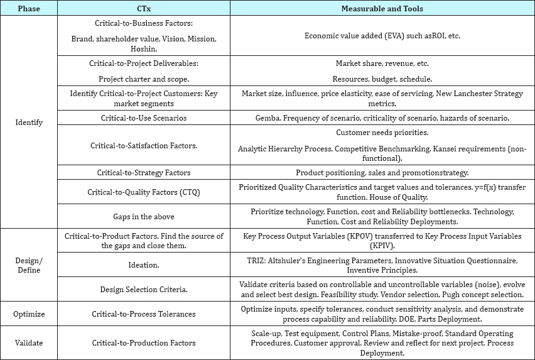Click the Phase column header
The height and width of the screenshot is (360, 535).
28,8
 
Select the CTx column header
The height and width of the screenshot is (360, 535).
143,8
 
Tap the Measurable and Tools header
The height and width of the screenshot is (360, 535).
382,8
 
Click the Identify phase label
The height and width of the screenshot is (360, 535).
28,123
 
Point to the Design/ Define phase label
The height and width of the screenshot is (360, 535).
28,265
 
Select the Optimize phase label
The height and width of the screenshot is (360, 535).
28,314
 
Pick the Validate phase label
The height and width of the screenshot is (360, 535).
28,343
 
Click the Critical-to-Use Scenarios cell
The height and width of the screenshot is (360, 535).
143,118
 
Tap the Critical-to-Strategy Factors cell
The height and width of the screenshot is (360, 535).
143,172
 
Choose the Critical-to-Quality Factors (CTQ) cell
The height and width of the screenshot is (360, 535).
143,192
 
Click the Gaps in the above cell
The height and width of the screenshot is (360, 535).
143,216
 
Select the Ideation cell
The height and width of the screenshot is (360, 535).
143,265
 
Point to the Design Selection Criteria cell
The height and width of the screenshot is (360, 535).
143,290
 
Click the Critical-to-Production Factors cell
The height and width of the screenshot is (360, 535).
143,343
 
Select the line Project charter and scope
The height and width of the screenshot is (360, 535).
143,79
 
